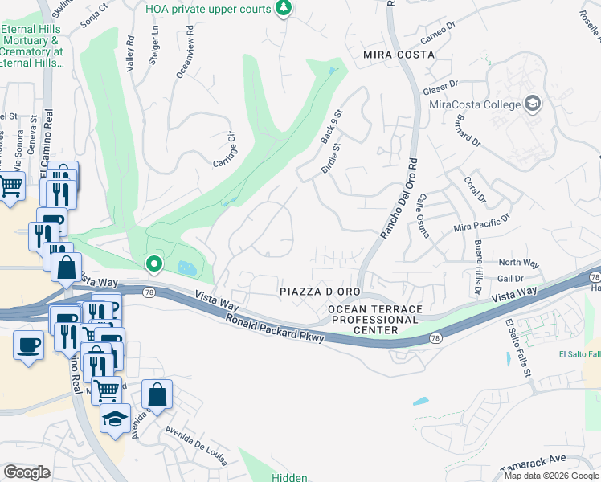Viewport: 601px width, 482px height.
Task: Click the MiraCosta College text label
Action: tap(474, 104)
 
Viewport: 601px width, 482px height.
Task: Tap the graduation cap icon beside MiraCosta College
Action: tap(532, 103)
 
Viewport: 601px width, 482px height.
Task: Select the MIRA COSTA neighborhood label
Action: tap(399, 55)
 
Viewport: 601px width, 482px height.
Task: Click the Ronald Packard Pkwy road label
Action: tap(274, 329)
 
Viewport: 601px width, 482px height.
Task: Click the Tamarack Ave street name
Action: tap(555, 462)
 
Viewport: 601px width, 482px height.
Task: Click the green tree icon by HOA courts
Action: tap(283, 8)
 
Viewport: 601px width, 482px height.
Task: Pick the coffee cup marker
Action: tap(29, 346)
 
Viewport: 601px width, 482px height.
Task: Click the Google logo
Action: tap(27, 472)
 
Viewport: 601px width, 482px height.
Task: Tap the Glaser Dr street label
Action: tap(441, 83)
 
